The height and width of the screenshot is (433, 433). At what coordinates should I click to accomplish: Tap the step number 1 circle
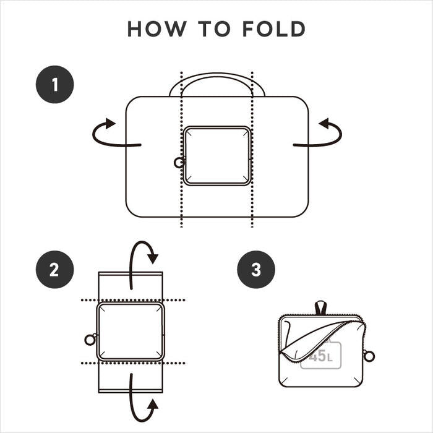(55, 84)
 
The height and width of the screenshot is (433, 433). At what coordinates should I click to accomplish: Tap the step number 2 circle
(55, 270)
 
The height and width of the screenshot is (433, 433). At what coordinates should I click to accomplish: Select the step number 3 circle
(256, 270)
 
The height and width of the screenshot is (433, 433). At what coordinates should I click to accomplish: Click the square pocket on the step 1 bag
(217, 156)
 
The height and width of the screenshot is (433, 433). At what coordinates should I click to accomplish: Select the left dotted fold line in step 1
(181, 204)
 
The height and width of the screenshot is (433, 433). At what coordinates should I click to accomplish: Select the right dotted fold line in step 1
(252, 204)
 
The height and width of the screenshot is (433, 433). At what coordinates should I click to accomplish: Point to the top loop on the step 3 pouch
(320, 307)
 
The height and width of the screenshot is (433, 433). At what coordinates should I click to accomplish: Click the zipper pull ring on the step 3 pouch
(369, 355)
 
